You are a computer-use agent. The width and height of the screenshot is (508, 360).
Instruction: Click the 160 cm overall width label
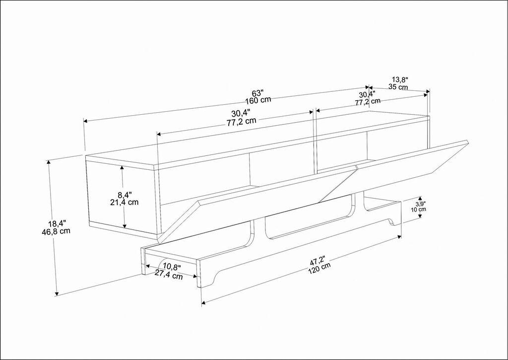258,100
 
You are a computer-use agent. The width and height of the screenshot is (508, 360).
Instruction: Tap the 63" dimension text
257,93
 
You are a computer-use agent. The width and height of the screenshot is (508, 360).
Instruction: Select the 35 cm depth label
398,87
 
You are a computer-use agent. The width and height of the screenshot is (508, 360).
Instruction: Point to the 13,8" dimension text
400,79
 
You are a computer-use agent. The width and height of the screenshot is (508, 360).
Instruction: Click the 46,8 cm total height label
56,231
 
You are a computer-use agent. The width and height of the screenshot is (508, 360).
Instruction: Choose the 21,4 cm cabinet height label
124,202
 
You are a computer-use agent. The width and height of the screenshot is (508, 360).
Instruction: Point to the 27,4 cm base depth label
168,276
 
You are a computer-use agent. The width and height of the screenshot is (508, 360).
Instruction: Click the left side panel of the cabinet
104,196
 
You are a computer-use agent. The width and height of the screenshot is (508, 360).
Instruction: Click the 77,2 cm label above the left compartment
241,121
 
